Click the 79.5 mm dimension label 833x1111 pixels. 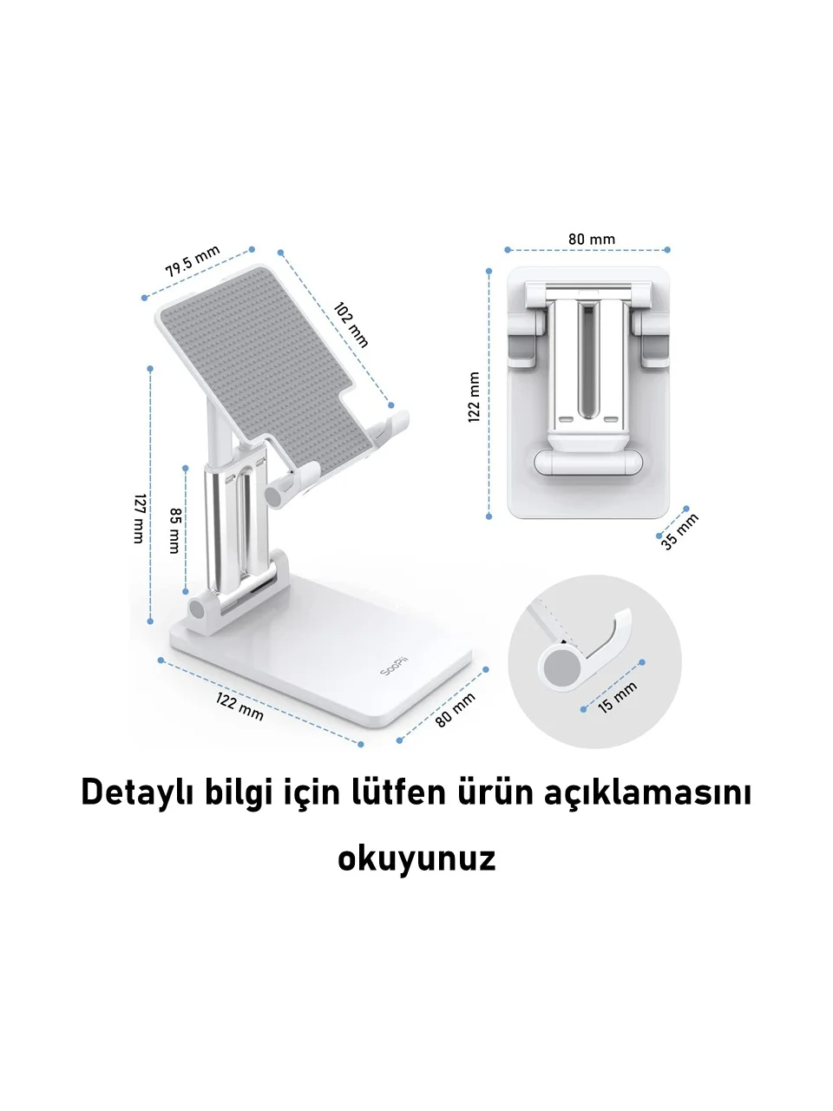click(193, 260)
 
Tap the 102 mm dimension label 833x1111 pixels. click(351, 325)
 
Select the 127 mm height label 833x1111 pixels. click(140, 518)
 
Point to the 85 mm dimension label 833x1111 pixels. click(175, 530)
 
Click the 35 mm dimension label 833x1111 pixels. click(679, 531)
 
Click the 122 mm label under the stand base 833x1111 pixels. click(239, 707)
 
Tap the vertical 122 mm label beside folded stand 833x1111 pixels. click(474, 398)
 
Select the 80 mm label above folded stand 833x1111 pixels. click(591, 239)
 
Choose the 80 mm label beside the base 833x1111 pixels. click(456, 710)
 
